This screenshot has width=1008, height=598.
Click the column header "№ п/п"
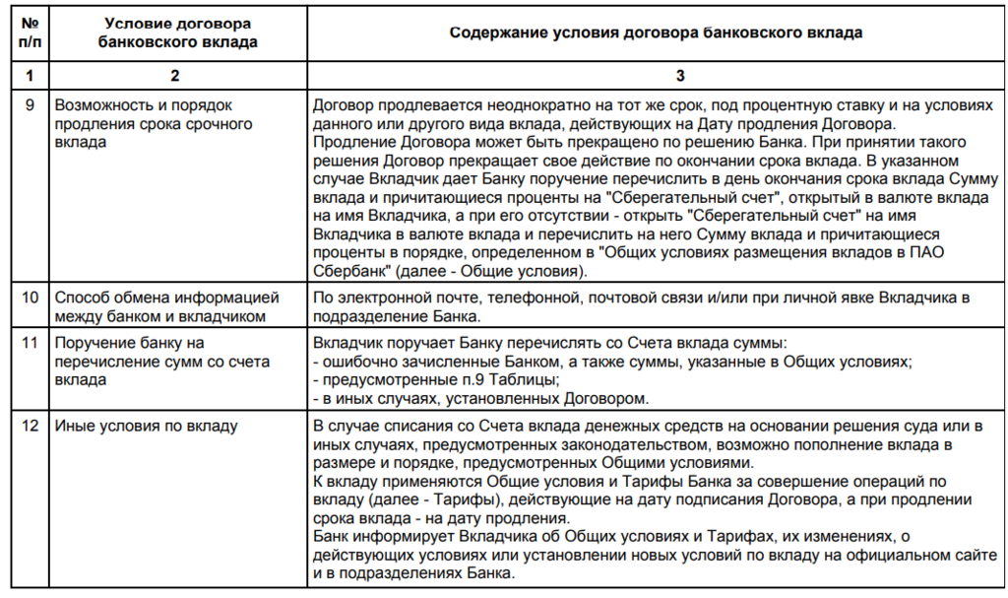click(x=30, y=33)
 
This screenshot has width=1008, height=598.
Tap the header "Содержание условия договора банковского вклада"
click(x=656, y=33)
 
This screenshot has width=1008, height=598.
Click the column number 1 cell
click(x=30, y=75)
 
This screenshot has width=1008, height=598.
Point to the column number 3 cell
click(x=656, y=75)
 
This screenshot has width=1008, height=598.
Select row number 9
click(x=30, y=103)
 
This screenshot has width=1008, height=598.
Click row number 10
click(x=30, y=297)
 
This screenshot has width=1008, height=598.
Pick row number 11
click(x=30, y=344)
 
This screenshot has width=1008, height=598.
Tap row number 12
click(x=30, y=426)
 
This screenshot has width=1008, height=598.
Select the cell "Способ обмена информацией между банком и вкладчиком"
click(x=167, y=305)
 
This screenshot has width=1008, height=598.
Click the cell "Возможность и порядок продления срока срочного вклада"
click(x=155, y=123)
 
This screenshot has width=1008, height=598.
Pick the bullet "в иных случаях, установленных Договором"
click(x=483, y=399)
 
